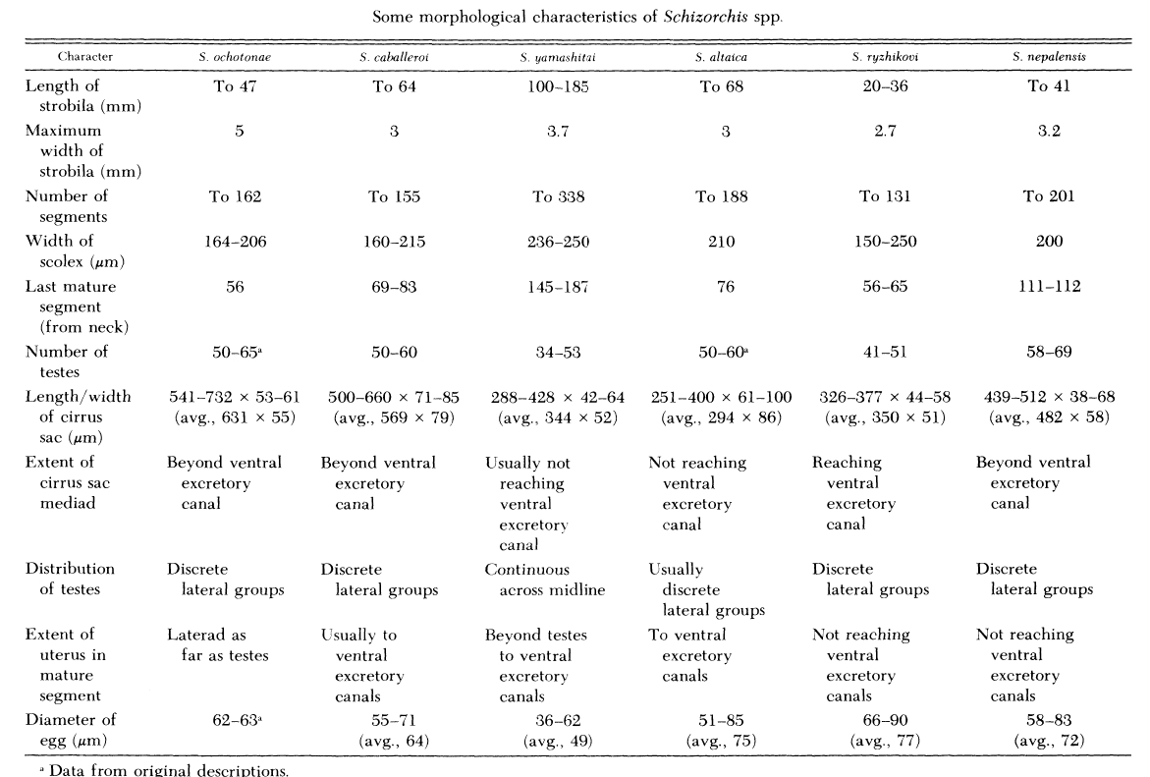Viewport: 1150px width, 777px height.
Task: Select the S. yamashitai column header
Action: [558, 57]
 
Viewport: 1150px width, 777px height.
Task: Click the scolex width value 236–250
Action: [558, 241]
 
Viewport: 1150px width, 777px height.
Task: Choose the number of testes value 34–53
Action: [558, 352]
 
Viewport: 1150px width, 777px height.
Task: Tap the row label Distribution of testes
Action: [70, 580]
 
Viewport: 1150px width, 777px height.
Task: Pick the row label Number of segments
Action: [67, 205]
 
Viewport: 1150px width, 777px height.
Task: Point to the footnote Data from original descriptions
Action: [156, 769]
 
